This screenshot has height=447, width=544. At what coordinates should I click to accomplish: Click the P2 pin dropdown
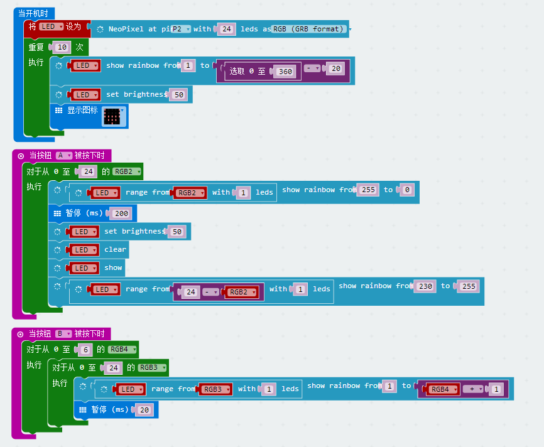181,29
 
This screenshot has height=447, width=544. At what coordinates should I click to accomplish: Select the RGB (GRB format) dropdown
310,29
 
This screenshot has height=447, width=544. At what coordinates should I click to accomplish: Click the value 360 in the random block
285,72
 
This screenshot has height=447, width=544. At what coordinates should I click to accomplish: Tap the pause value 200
121,213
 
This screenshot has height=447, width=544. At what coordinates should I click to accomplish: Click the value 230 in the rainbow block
425,286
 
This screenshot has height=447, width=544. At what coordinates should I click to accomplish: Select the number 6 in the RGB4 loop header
87,350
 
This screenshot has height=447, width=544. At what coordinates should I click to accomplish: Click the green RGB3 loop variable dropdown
153,368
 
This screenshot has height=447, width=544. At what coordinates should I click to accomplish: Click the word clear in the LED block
115,249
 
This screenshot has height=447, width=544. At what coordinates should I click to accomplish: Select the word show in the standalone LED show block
113,267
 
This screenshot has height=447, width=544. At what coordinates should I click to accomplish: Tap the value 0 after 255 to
408,190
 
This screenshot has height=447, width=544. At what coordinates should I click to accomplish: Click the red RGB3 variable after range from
215,389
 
